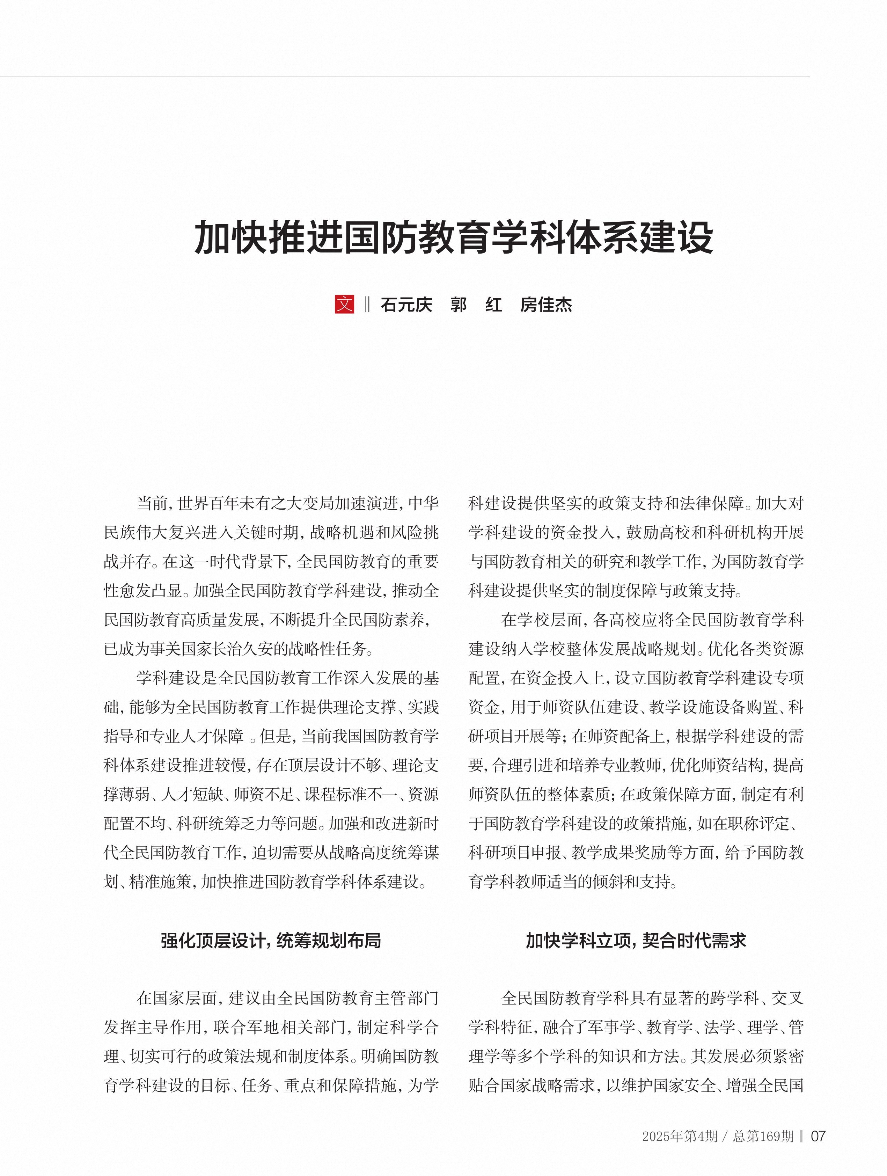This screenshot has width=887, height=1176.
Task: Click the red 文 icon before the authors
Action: click(344, 304)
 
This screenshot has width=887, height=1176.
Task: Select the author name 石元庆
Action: click(406, 305)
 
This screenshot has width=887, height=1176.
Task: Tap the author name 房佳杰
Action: click(546, 305)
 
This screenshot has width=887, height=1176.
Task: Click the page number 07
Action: click(818, 1136)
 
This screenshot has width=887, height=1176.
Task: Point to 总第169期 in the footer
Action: click(763, 1136)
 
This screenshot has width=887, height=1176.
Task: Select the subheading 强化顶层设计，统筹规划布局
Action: click(271, 941)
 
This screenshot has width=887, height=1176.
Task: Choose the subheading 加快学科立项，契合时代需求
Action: click(636, 941)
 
